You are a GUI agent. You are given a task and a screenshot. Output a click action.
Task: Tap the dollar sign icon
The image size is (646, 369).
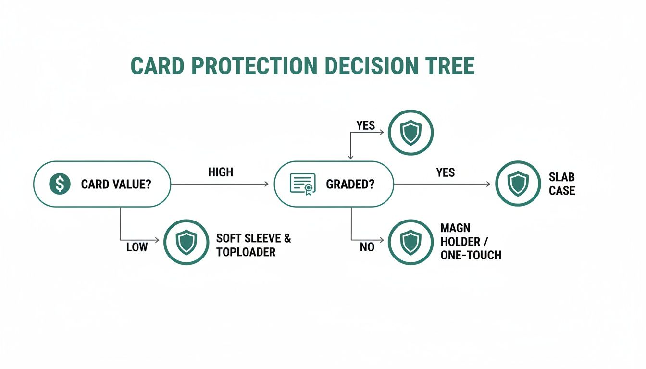pyautogui.click(x=60, y=184)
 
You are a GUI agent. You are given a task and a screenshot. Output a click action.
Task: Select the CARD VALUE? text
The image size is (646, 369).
pyautogui.click(x=116, y=184)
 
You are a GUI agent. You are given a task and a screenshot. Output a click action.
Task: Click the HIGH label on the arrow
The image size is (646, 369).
pyautogui.click(x=221, y=172)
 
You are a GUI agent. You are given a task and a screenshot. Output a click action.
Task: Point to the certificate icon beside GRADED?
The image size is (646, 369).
pyautogui.click(x=303, y=184)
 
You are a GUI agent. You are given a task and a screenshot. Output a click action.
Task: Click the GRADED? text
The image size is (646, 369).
pyautogui.click(x=350, y=184)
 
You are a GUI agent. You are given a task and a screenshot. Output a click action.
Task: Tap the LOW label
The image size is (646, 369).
pyautogui.click(x=137, y=247)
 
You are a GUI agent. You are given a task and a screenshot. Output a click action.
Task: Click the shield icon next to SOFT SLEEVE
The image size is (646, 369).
pyautogui.click(x=186, y=243)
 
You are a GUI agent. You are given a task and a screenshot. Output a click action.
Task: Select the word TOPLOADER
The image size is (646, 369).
pyautogui.click(x=246, y=252)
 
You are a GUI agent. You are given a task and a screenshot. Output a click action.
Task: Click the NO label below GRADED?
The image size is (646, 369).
pyautogui.click(x=367, y=247)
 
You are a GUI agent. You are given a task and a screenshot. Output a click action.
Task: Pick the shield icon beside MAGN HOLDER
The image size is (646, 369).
pyautogui.click(x=410, y=243)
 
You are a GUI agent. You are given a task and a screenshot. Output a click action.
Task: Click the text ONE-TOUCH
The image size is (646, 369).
pyautogui.click(x=471, y=255)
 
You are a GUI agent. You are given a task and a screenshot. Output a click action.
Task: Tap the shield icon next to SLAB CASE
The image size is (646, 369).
pyautogui.click(x=518, y=184)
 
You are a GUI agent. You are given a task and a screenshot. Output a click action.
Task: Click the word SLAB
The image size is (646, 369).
pyautogui.click(x=562, y=177)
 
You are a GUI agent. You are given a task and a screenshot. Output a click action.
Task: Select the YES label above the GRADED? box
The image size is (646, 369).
pyautogui.click(x=365, y=125)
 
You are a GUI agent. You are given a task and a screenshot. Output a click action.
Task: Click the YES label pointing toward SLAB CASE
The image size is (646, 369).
pyautogui.click(x=445, y=172)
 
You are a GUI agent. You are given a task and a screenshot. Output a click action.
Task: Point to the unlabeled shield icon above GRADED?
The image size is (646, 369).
pyautogui.click(x=410, y=132)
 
